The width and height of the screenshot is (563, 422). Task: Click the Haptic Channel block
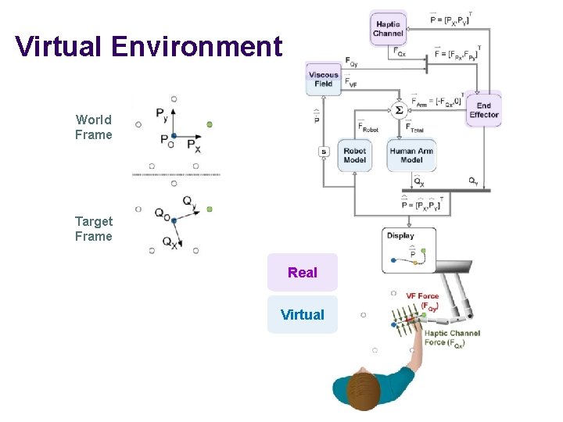pyautogui.click(x=389, y=29)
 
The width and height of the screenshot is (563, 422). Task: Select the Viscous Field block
pyautogui.click(x=324, y=79)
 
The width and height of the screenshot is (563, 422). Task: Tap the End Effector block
pyautogui.click(x=483, y=110)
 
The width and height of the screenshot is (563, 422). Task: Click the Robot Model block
pyautogui.click(x=355, y=156)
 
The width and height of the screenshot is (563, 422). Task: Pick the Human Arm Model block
pyautogui.click(x=411, y=156)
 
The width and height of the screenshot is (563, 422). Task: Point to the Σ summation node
pyautogui.click(x=399, y=110)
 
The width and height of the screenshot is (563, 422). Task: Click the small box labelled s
pyautogui.click(x=324, y=152)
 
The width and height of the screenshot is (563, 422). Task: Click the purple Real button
pyautogui.click(x=303, y=273)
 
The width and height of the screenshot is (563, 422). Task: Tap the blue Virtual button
pyautogui.click(x=303, y=315)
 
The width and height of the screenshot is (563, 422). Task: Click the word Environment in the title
pyautogui.click(x=196, y=46)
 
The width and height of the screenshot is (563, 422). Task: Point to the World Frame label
pyautogui.click(x=94, y=127)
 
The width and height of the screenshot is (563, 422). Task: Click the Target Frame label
pyautogui.click(x=94, y=229)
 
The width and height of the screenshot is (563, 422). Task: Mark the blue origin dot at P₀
pyautogui.click(x=174, y=136)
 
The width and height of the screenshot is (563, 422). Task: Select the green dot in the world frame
pyautogui.click(x=210, y=124)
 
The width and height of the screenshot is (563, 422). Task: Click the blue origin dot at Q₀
pyautogui.click(x=174, y=220)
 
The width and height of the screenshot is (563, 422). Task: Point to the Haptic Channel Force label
pyautogui.click(x=452, y=338)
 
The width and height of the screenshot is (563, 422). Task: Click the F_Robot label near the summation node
pyautogui.click(x=368, y=127)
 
